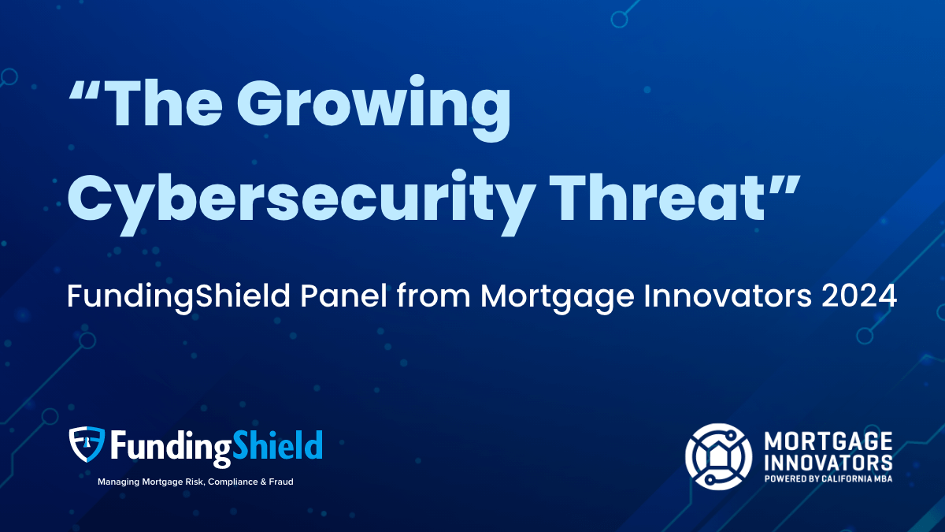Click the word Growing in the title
(x=374, y=108)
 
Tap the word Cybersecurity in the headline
(x=298, y=203)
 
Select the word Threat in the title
(x=657, y=197)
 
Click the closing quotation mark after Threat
(x=784, y=184)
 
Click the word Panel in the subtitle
(x=343, y=296)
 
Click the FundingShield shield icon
(x=87, y=444)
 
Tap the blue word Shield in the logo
(x=277, y=445)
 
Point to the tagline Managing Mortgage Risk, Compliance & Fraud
(x=195, y=482)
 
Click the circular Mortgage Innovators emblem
(x=718, y=456)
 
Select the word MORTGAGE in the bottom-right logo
(x=828, y=441)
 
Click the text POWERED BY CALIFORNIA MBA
(x=828, y=479)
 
